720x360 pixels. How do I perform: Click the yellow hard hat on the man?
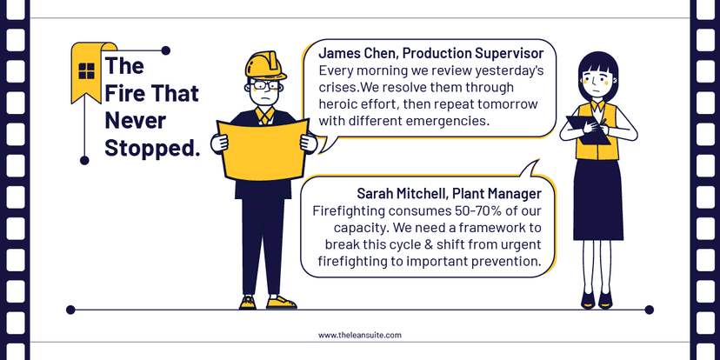[266, 65]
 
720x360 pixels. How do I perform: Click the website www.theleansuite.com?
[359, 335]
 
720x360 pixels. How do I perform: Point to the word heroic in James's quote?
[342, 104]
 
